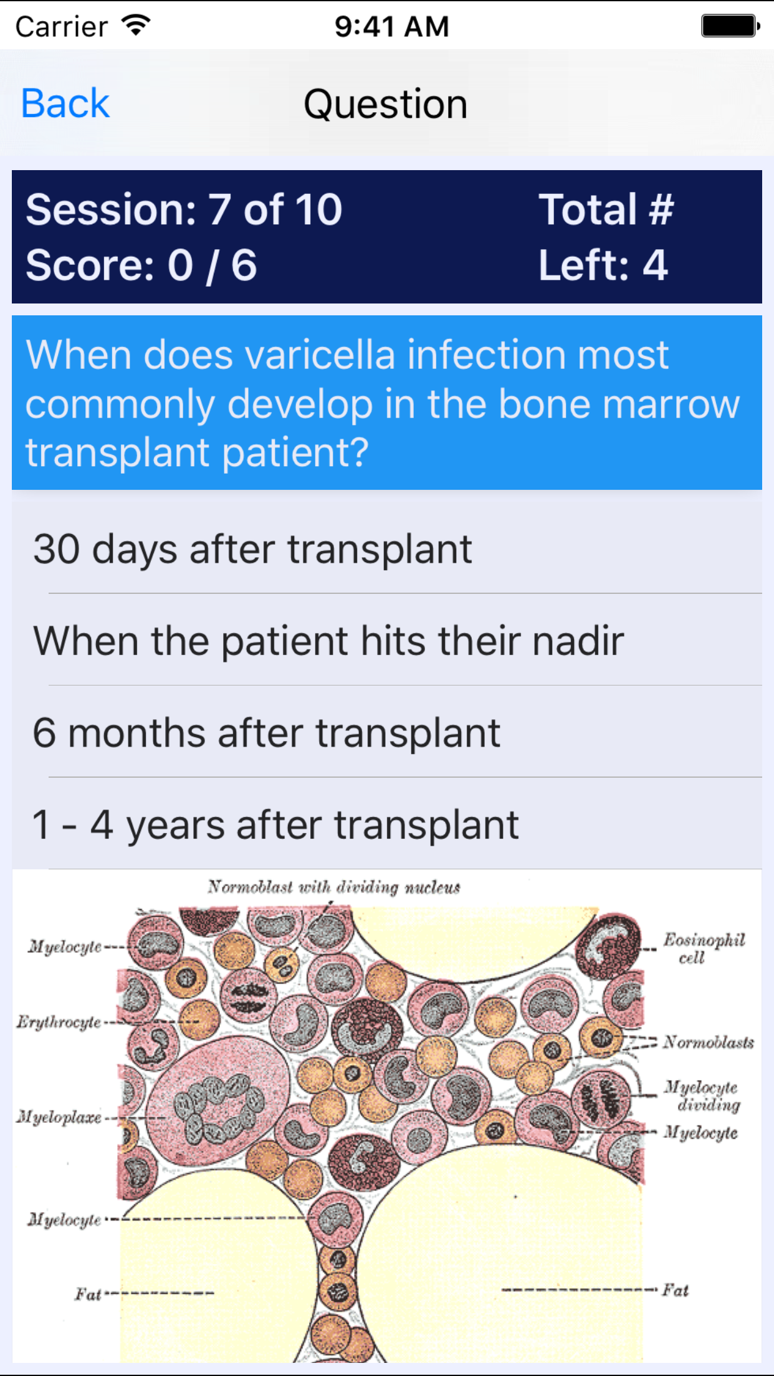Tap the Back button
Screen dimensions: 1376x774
click(x=65, y=103)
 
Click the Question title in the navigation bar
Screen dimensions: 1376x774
click(x=386, y=104)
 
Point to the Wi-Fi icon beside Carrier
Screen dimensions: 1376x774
click(x=136, y=26)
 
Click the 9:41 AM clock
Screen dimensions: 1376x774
click(x=391, y=27)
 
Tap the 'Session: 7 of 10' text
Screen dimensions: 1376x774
click(x=184, y=209)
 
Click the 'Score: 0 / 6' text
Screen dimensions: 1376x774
click(x=141, y=265)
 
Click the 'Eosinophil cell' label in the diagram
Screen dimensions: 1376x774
click(x=703, y=948)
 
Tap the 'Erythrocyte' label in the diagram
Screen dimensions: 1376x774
click(x=59, y=1023)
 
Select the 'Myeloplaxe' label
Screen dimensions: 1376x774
click(x=59, y=1117)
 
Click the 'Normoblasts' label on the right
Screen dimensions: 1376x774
click(x=708, y=1042)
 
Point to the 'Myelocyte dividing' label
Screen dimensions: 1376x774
click(x=702, y=1096)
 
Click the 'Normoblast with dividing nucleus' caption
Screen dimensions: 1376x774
click(x=334, y=887)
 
